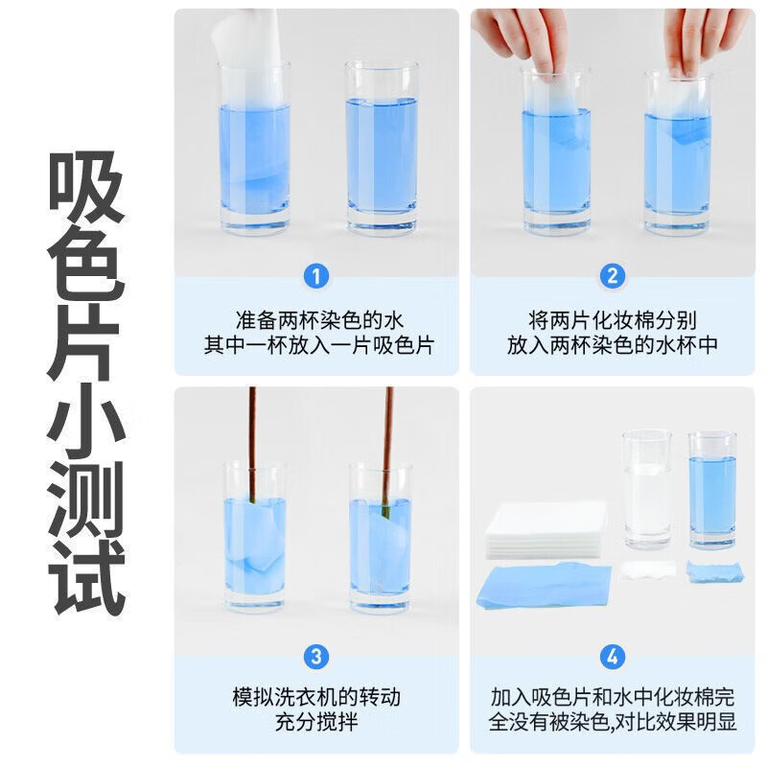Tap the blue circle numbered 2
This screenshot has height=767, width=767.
613,278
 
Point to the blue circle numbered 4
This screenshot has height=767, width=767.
613,657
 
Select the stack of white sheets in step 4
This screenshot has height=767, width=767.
545,529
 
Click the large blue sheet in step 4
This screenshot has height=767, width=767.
543,585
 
